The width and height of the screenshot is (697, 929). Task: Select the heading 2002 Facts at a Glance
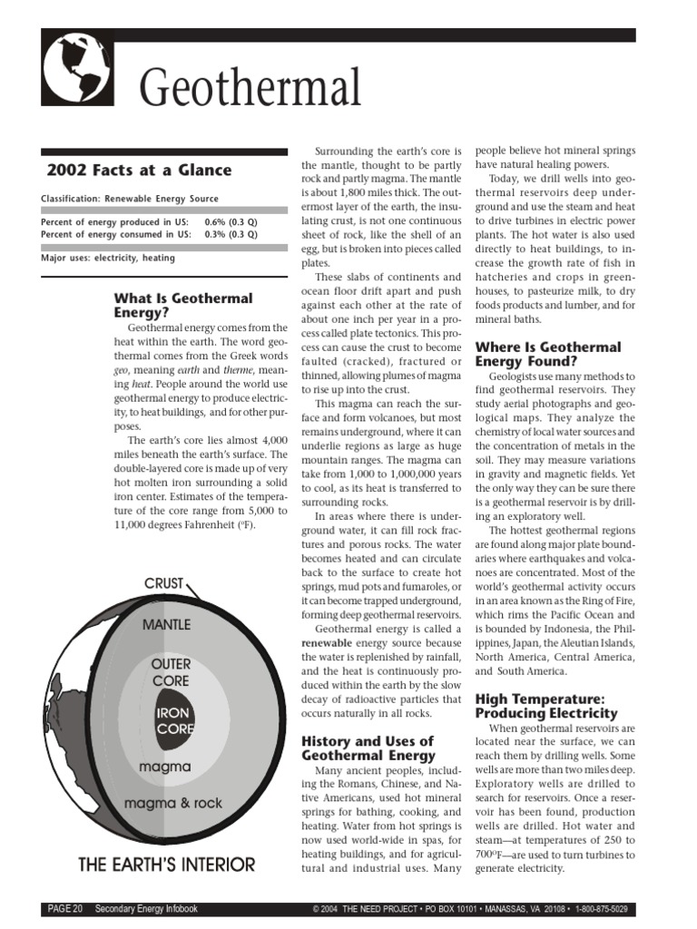click(139, 170)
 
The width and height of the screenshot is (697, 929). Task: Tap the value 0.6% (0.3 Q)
click(231, 222)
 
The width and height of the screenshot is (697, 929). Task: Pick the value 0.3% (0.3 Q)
click(231, 234)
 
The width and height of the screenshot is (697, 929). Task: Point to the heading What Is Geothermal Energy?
click(182, 305)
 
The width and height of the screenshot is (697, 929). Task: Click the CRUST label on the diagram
click(163, 582)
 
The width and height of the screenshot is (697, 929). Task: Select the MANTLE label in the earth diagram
click(166, 625)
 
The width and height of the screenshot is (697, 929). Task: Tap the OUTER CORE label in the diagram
click(171, 672)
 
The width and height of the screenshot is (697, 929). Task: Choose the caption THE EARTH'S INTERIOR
click(167, 865)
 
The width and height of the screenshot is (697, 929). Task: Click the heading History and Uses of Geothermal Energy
click(368, 748)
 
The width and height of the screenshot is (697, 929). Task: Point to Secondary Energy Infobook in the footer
click(147, 909)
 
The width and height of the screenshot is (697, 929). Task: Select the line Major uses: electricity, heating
click(108, 258)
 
